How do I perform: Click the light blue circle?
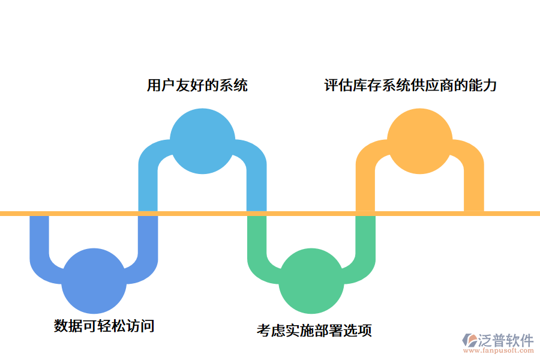coord(202,141)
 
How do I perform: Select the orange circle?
coord(419,141)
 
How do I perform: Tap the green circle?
coord(311,281)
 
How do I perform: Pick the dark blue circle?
coord(94,281)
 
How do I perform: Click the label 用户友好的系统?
coord(197,85)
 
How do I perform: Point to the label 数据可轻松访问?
coord(104,326)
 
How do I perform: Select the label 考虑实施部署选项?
coord(314,330)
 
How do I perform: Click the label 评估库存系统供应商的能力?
coord(410,85)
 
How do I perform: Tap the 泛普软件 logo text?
coord(506,340)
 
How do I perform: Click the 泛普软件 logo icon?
coord(470,342)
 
